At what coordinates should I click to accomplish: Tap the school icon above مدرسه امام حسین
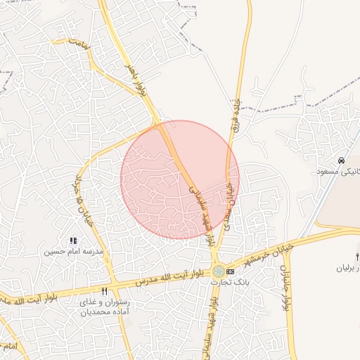coord(74,241)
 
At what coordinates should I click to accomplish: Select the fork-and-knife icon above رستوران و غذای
coord(104,291)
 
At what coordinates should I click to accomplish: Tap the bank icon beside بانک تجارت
coord(230,271)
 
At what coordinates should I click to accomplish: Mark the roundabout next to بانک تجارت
coord(219,271)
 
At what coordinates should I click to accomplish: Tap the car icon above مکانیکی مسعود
coord(341,161)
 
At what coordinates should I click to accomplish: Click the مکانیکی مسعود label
coord(339,172)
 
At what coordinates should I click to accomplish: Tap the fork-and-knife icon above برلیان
coord(357,257)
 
